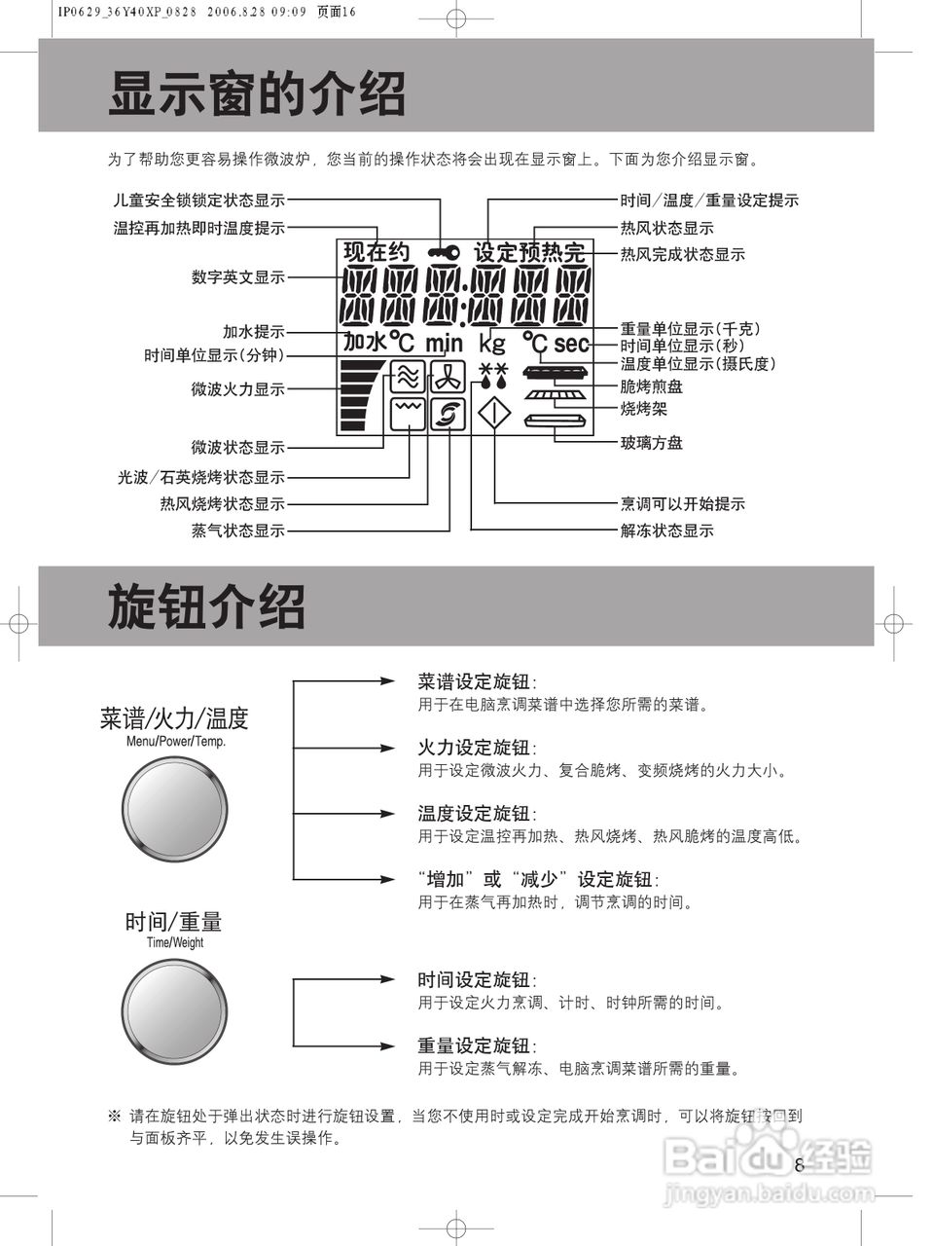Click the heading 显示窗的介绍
[257, 94]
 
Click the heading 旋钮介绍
[206, 607]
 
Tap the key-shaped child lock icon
[444, 253]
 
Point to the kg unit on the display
[492, 343]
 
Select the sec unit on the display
[571, 344]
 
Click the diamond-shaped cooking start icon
[494, 414]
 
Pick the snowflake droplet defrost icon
[494, 374]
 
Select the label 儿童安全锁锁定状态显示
[199, 201]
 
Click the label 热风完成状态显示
[683, 254]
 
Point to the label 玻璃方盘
[652, 443]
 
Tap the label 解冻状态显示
[667, 531]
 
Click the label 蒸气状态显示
[238, 531]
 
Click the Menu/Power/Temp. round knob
[175, 808]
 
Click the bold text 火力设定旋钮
[475, 748]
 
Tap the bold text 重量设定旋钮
[475, 1045]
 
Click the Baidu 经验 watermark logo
[769, 1158]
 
